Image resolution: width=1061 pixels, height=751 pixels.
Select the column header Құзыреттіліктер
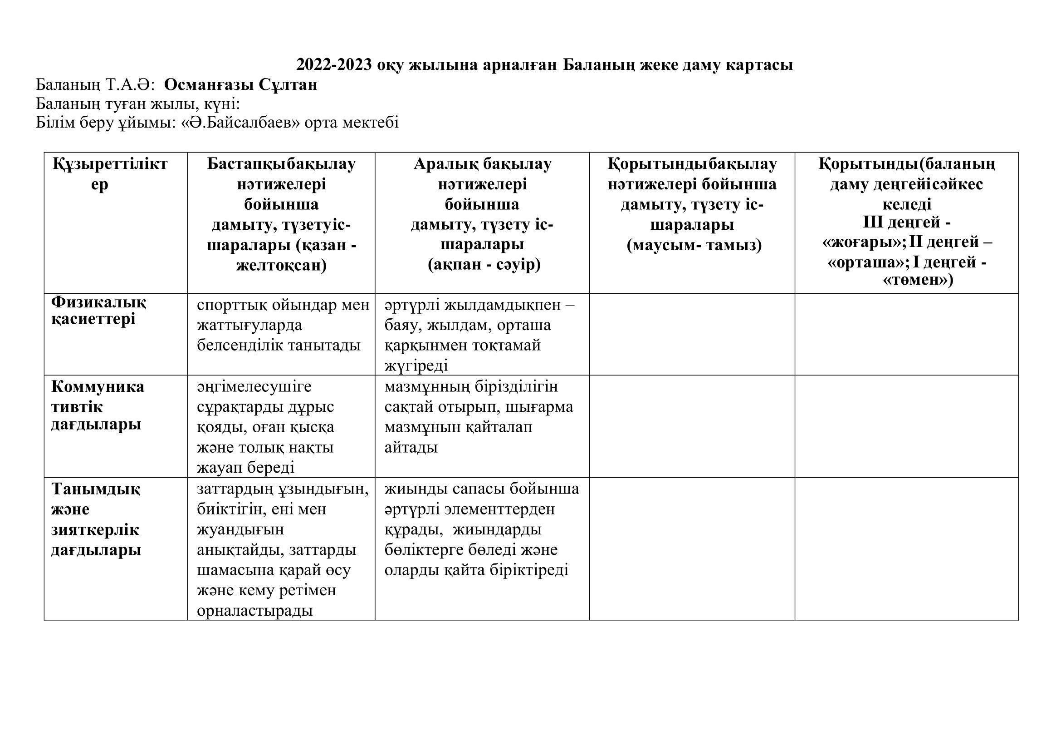[110, 174]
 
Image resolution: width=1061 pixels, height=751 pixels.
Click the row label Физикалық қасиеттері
[98, 311]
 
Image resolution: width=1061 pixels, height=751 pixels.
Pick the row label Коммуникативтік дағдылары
[98, 405]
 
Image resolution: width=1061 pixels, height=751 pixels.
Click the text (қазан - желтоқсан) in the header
[281, 255]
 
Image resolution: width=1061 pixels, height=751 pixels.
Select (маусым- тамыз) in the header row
[694, 245]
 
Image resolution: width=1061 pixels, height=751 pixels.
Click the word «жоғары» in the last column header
[863, 243]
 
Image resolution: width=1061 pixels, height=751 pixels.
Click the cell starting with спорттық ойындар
[283, 325]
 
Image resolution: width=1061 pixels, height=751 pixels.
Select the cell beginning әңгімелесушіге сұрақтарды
[266, 427]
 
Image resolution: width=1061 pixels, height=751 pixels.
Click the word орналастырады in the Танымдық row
[254, 611]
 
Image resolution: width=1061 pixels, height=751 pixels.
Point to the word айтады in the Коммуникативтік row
[411, 447]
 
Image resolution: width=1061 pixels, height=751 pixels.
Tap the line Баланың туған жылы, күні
[138, 104]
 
